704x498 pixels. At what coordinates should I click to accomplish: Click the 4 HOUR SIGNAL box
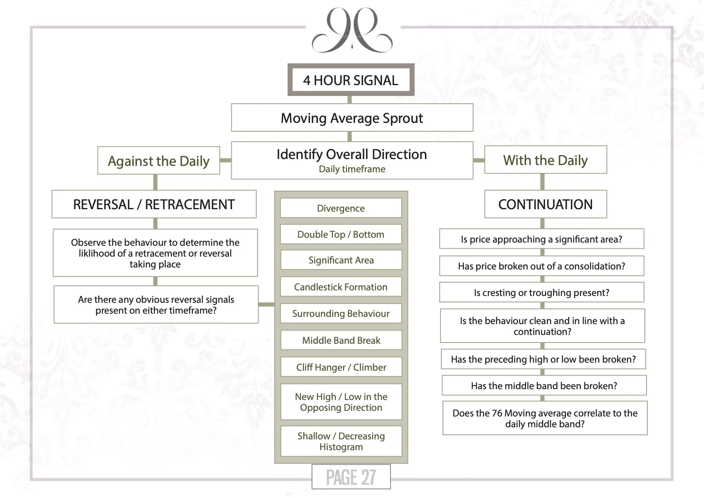coord(351,80)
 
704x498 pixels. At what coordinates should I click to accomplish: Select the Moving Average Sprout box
coord(352,118)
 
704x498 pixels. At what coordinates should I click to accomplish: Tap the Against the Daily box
coord(159,161)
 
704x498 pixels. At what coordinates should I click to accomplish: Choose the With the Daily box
coord(545,160)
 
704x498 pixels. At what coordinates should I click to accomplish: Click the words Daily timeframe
coord(352,169)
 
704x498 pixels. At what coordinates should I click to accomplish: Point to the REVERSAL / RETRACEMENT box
coord(154,204)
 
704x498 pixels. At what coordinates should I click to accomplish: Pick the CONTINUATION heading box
coord(545,204)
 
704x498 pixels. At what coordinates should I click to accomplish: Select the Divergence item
coord(341,208)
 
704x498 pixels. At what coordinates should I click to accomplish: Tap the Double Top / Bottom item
coord(341,234)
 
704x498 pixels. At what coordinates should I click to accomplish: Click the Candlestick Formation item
coord(341,287)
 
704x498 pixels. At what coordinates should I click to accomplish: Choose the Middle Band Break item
coord(341,340)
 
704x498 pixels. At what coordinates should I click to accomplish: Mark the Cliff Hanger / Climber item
coord(341,367)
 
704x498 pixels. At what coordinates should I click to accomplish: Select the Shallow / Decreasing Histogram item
coord(341,441)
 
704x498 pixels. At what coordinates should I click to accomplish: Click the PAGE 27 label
coord(351,477)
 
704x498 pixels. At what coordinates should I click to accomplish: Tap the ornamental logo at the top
coord(352,31)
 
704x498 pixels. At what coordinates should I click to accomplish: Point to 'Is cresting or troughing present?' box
coord(541,292)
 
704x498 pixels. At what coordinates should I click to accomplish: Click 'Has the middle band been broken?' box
coord(544,386)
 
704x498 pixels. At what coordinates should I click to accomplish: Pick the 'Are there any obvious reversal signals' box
coord(156,304)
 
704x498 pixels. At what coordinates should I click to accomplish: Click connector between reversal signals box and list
coord(266,304)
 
